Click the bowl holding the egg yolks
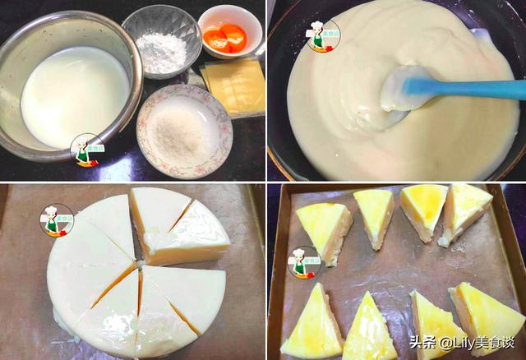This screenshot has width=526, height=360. (229, 32)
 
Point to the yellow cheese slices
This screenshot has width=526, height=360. (233, 85)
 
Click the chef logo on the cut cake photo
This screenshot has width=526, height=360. (56, 219)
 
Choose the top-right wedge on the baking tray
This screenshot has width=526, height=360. (466, 212)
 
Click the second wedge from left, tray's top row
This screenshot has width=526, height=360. (375, 215)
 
